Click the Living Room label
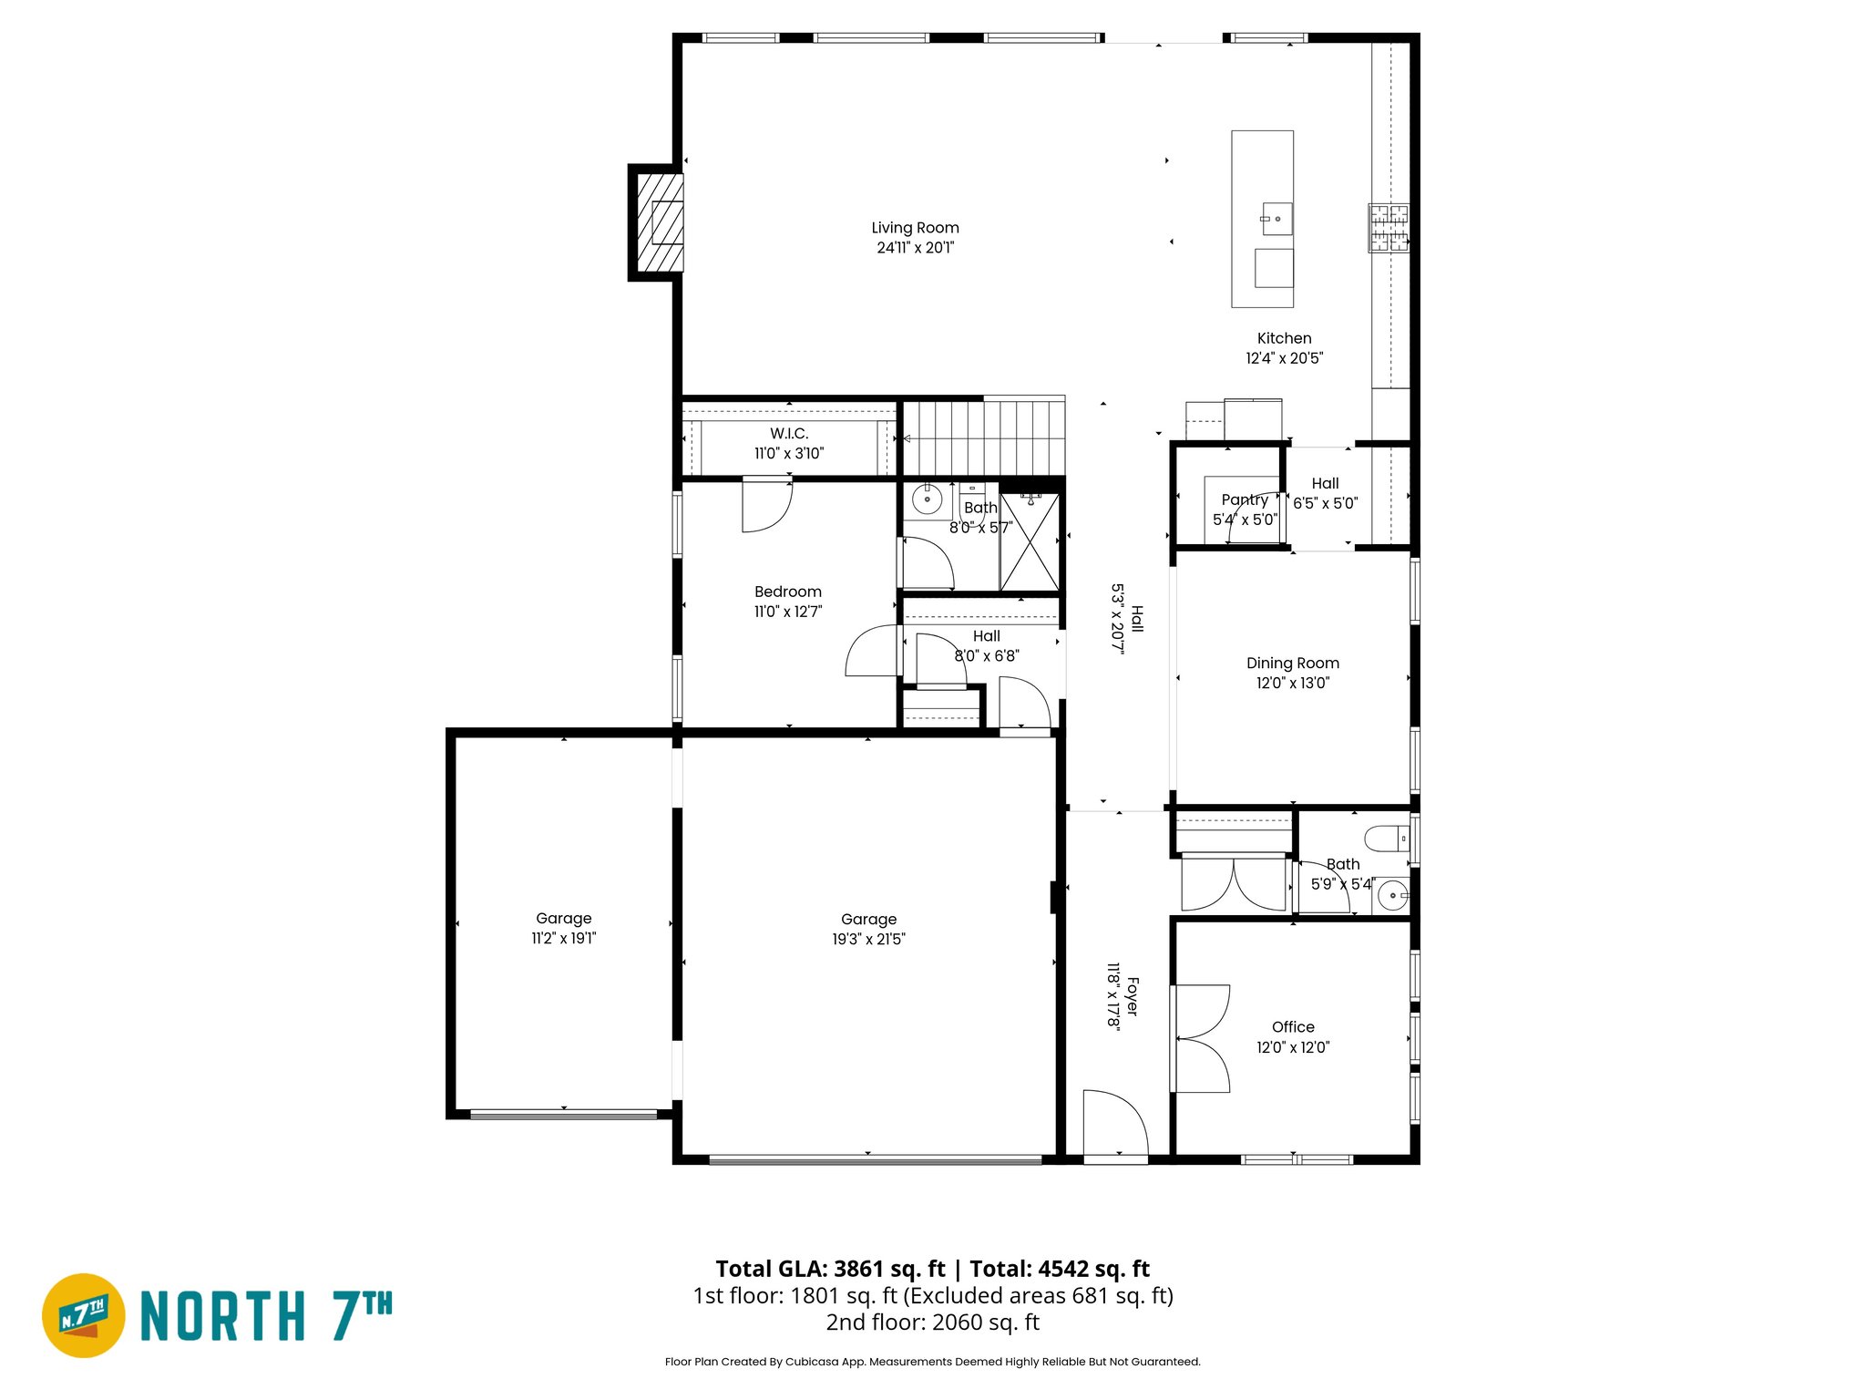point(915,228)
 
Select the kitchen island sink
point(1276,219)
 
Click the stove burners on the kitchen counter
point(1389,228)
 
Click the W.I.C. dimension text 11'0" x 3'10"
point(789,453)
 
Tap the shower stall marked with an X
point(1030,542)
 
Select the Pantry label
point(1245,499)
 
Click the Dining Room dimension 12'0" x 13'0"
point(1293,683)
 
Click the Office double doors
point(1201,1039)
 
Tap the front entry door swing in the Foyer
point(1115,1123)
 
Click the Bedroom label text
point(788,592)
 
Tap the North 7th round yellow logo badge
point(84,1315)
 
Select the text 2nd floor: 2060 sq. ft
point(932,1323)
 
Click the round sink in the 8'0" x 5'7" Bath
point(927,500)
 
